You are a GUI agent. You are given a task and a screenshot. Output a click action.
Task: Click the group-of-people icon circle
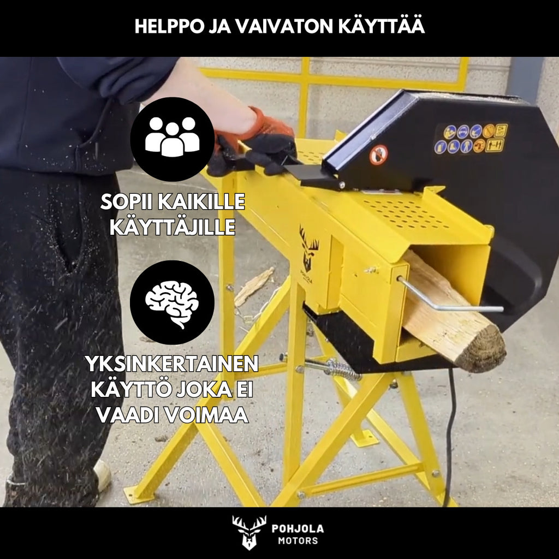[x=172, y=139]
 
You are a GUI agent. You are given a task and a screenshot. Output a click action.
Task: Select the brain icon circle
[x=172, y=302]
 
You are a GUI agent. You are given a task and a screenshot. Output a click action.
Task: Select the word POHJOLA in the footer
[x=298, y=528]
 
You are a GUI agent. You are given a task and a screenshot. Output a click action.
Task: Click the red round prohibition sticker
[x=378, y=155]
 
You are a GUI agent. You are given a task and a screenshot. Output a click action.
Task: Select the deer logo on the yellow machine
[x=309, y=248]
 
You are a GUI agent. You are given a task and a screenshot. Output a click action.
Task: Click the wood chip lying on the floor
[x=254, y=285]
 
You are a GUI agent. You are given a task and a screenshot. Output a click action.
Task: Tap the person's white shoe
[x=102, y=474]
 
